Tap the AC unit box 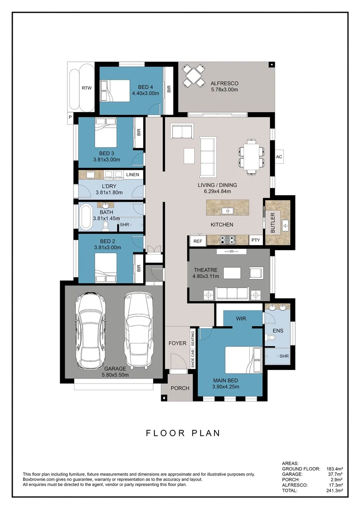click(x=278, y=157)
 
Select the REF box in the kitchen click(x=197, y=241)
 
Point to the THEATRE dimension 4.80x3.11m click(x=206, y=276)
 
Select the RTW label click(x=86, y=88)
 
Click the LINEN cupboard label click(x=132, y=175)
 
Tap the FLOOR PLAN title click(x=183, y=433)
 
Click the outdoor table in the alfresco click(x=194, y=75)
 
